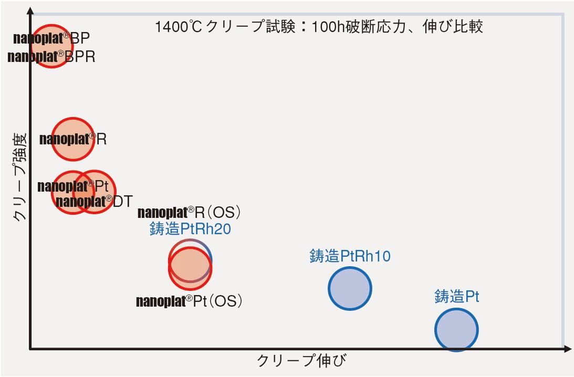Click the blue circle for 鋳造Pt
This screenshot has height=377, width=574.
456,330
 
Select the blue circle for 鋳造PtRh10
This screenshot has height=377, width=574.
350,288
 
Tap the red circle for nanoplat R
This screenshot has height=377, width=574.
73,139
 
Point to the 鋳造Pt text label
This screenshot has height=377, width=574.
457,297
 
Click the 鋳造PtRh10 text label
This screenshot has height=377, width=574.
350,256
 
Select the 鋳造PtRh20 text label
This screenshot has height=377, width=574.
191,229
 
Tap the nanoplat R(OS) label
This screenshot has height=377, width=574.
189,213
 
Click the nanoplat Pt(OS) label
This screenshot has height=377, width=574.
189,301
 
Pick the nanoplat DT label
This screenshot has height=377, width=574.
94,201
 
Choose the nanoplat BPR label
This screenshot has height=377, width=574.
51,57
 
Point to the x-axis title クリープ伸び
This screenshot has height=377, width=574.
302,361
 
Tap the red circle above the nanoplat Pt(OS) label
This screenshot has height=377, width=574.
190,268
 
